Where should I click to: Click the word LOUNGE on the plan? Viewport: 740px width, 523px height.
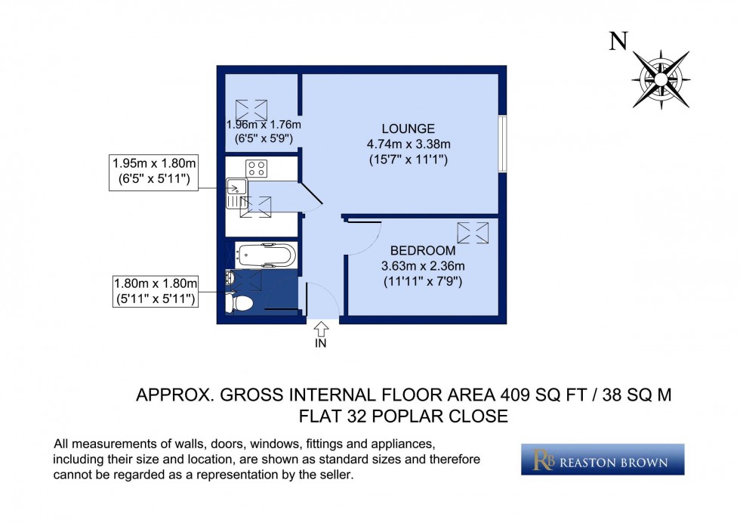click(408, 128)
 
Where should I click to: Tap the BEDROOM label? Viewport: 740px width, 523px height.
click(422, 250)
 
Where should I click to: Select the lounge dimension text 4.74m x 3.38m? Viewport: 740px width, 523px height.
click(408, 144)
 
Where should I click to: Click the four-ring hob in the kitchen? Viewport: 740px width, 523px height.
click(256, 168)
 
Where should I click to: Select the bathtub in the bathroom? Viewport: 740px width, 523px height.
click(264, 254)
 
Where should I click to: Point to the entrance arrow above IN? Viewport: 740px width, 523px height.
click(320, 329)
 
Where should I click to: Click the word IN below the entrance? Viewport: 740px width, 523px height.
click(320, 343)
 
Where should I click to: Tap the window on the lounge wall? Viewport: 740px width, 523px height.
click(503, 144)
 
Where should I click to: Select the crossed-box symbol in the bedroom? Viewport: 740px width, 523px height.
click(473, 234)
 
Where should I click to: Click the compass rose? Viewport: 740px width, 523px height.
click(661, 78)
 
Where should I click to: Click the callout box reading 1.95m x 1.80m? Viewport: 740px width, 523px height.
click(154, 171)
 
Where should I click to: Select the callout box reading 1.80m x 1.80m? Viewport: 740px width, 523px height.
click(154, 291)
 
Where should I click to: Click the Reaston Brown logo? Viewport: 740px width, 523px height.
click(602, 460)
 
